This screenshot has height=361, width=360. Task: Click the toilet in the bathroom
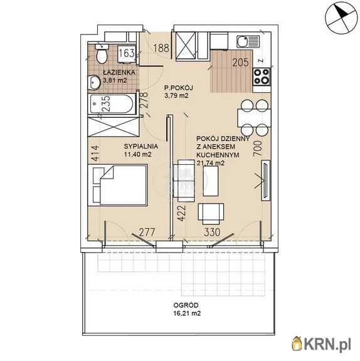point(102,54)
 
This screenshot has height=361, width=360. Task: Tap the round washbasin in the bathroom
point(94,82)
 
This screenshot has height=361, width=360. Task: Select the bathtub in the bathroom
point(112,104)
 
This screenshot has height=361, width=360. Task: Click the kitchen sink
point(248,41)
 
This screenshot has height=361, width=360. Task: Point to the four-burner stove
point(262,76)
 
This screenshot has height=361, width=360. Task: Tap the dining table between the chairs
point(254,118)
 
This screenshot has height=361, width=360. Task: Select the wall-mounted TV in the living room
point(265,180)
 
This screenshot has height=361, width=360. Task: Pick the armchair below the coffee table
point(211,214)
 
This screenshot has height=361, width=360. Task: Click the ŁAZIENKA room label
point(119,72)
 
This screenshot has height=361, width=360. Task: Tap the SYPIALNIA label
point(141,146)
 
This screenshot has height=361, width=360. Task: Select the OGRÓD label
point(186,305)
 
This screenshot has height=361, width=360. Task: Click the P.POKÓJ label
point(179,88)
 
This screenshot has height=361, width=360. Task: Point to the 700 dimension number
point(258,149)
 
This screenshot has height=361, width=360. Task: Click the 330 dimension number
point(212,233)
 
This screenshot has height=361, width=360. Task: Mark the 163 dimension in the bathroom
point(127,53)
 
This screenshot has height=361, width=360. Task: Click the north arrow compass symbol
point(341,18)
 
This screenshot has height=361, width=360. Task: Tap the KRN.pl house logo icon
point(297,344)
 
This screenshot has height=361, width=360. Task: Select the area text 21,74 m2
point(211,163)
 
